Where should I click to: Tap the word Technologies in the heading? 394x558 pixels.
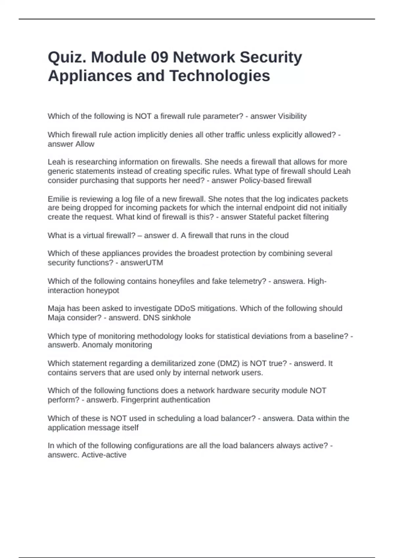click(220, 76)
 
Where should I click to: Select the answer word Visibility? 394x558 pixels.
click(292, 116)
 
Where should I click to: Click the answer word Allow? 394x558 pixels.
click(85, 144)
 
